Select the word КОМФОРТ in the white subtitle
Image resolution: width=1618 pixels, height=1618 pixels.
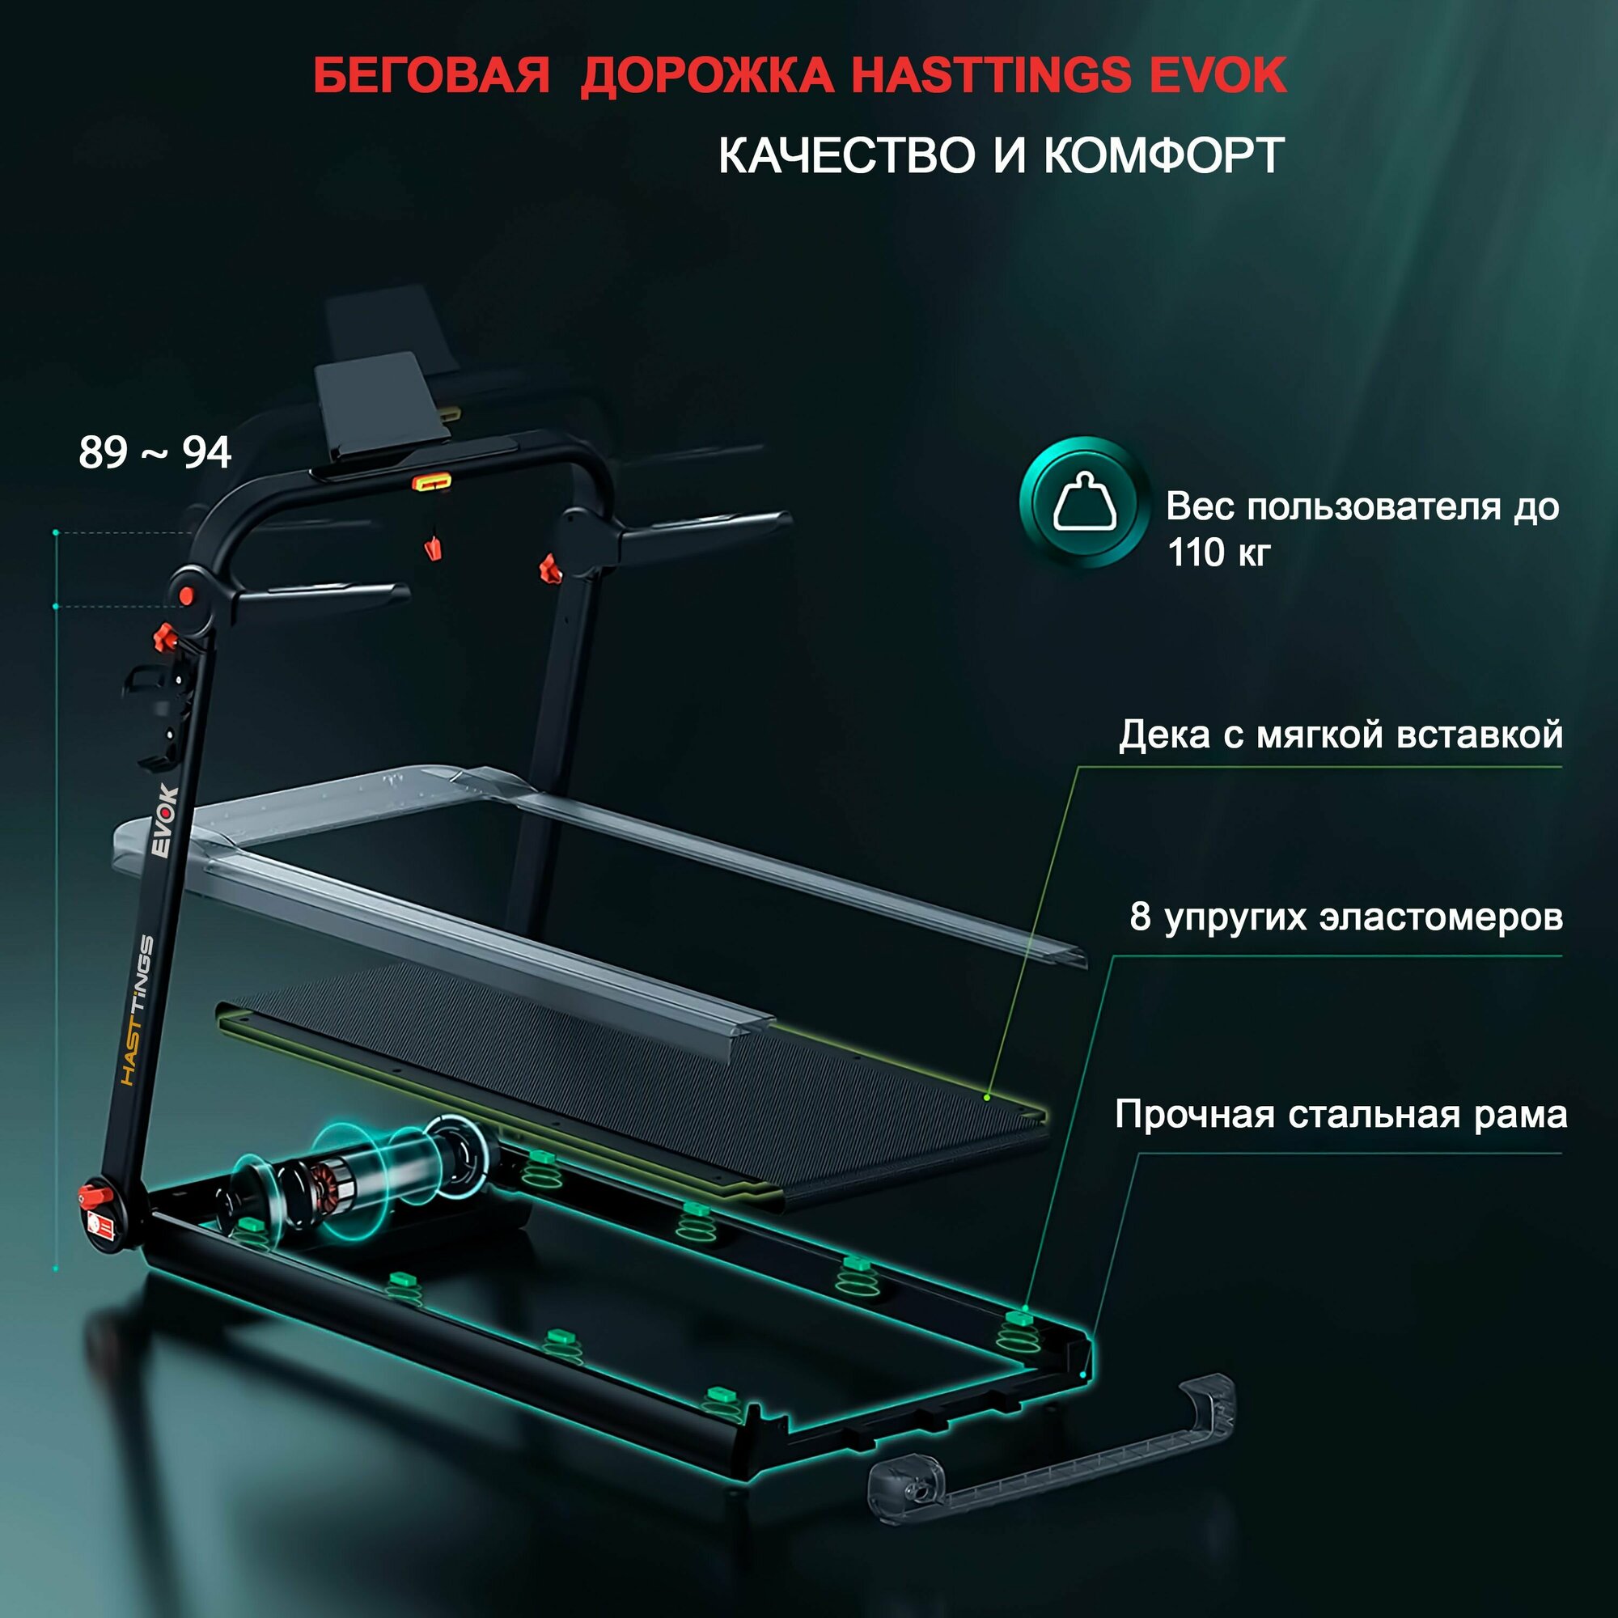[x=1163, y=155]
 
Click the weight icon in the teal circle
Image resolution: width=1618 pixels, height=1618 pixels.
[x=1085, y=502]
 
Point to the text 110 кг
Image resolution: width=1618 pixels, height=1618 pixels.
[x=1218, y=553]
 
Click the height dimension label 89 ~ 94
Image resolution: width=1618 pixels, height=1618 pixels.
[x=155, y=453]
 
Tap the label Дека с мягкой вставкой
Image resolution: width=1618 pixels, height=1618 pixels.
[x=1341, y=735]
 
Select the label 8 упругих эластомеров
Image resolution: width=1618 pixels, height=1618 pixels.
[x=1346, y=917]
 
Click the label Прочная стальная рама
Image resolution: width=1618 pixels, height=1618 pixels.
[x=1341, y=1115]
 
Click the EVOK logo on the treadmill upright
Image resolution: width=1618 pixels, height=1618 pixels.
[x=164, y=820]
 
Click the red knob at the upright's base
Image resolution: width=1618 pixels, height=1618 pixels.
[x=90, y=1193]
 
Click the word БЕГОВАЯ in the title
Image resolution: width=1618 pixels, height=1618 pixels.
[x=431, y=76]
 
